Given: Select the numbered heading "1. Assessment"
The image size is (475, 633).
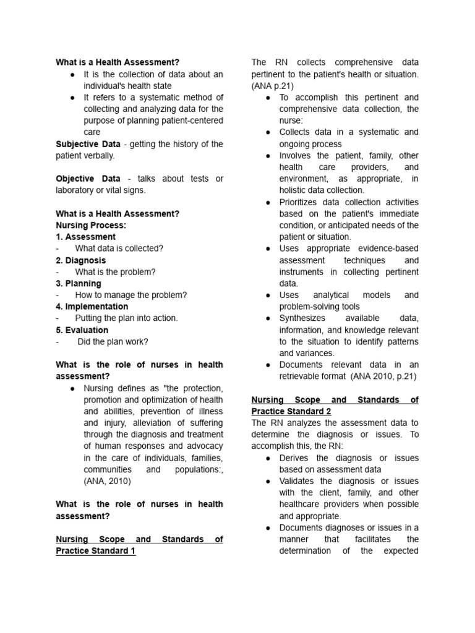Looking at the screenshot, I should tap(85, 237).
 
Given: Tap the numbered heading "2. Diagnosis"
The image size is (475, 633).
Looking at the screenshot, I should tap(80, 260).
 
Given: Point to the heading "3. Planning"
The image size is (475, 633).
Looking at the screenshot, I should tap(79, 284).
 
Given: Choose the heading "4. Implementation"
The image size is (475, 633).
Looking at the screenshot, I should tap(92, 307).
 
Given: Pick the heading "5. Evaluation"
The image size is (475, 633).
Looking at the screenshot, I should tap(82, 330).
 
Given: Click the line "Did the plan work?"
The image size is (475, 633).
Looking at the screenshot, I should tap(113, 341).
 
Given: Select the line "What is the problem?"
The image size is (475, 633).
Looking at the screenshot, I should tap(116, 272).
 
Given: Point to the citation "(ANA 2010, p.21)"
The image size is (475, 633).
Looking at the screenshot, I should tap(383, 376).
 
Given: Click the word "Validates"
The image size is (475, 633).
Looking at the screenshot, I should tap(297, 481).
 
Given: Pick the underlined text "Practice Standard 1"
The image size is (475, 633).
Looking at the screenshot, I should tap(95, 551).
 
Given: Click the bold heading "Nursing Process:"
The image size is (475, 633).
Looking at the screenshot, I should tap(91, 225).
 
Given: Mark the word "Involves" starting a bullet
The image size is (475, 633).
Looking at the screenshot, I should tap(297, 156).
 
